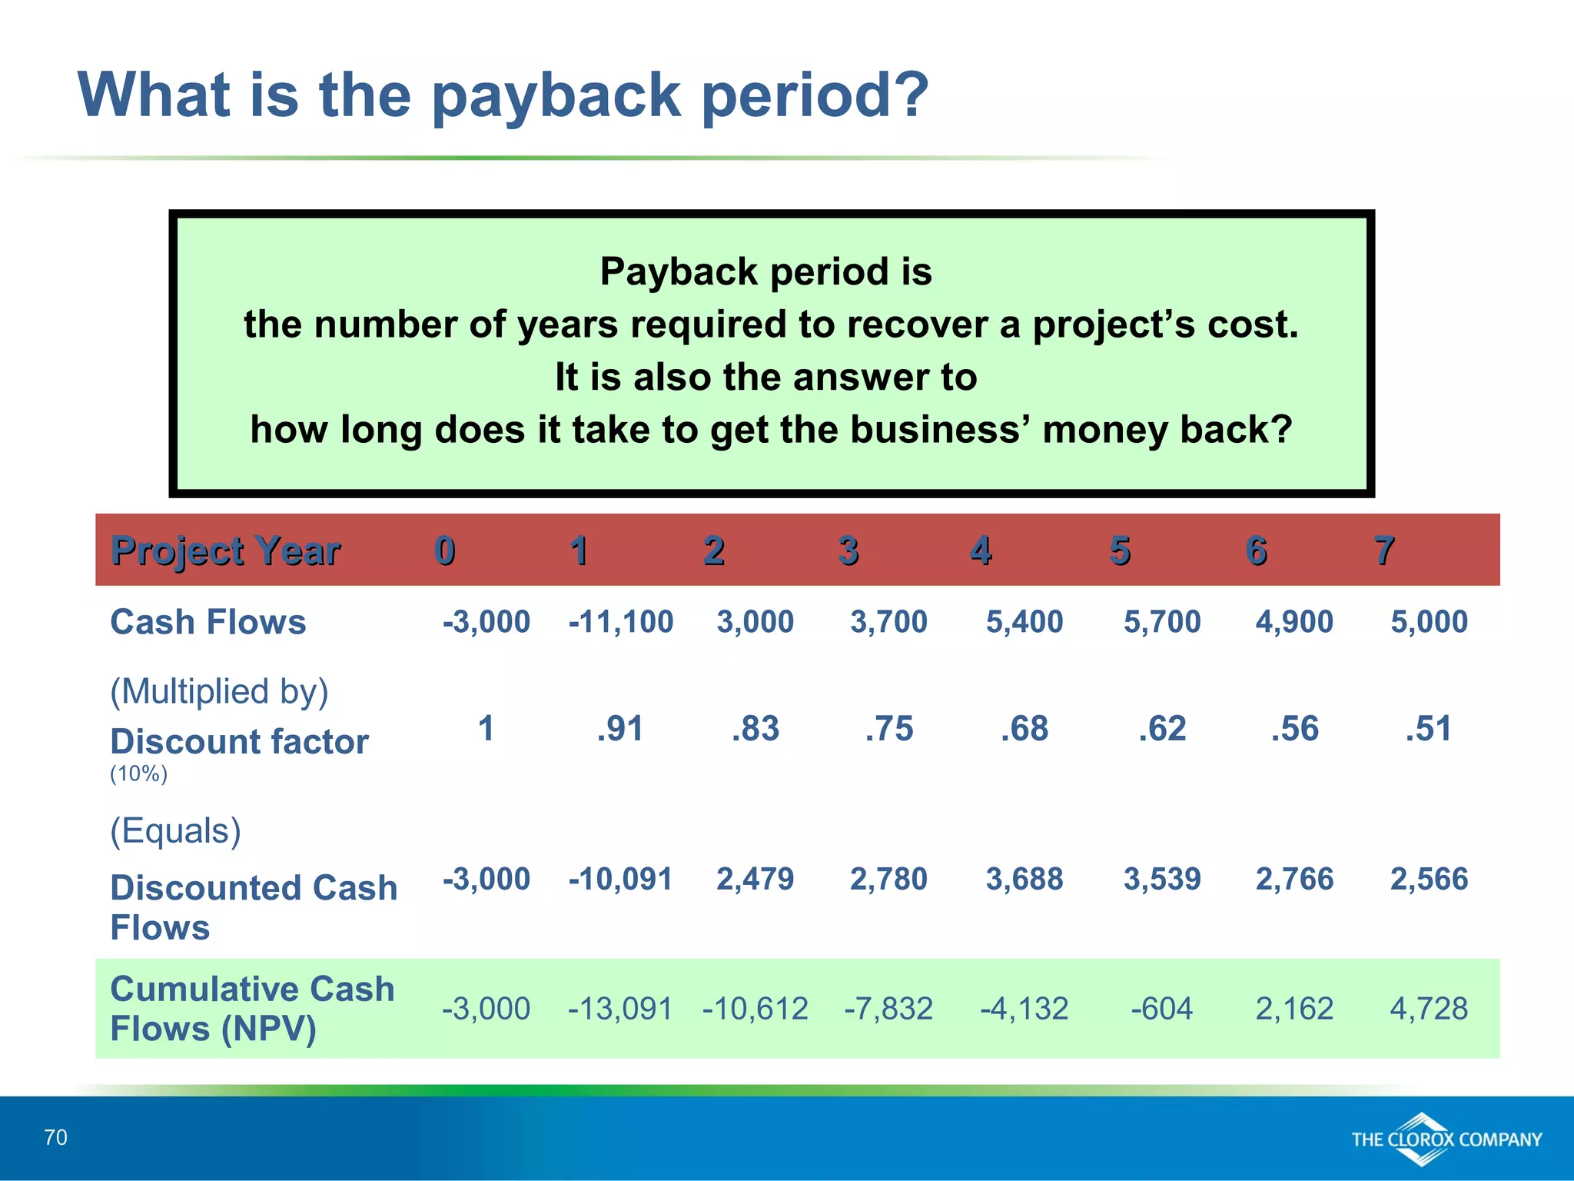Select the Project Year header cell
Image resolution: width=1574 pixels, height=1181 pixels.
click(225, 551)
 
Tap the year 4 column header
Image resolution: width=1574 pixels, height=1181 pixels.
click(981, 551)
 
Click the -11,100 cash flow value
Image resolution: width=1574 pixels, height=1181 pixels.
click(620, 621)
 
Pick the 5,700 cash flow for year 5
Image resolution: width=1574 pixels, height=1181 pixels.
click(1161, 621)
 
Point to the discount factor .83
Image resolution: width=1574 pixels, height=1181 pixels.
click(755, 728)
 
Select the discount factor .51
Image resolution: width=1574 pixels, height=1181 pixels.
click(1428, 728)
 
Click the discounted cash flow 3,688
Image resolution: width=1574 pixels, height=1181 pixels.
click(1024, 879)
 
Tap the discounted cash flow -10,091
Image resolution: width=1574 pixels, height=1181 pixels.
click(620, 879)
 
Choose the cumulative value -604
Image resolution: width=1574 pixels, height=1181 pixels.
click(1161, 1008)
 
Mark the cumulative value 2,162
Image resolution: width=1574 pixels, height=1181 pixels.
click(1294, 1008)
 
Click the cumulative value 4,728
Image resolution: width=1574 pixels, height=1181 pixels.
click(1428, 1008)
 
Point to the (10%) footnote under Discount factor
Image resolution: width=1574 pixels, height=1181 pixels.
click(138, 773)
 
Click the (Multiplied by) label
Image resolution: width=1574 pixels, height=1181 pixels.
click(219, 691)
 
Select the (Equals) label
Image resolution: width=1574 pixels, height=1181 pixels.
click(175, 831)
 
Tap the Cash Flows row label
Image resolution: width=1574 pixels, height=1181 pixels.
click(208, 622)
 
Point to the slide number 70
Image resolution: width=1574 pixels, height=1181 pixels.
click(56, 1137)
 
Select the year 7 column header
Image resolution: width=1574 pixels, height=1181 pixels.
click(1384, 551)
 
